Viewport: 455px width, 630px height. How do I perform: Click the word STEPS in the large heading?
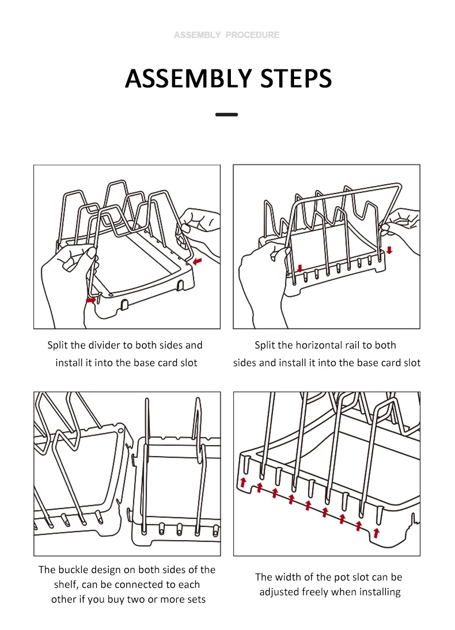pos(296,78)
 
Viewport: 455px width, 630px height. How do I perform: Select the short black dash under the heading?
pos(227,114)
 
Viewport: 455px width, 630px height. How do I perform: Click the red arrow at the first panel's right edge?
pos(197,261)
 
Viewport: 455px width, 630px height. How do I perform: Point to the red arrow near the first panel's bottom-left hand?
pos(91,299)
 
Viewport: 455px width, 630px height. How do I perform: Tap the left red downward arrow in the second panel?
pos(300,268)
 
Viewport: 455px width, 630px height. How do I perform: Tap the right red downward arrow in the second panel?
pos(389,250)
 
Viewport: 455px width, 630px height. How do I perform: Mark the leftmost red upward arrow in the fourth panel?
pos(243,483)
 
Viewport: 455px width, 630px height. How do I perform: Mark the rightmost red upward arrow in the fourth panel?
pos(376,532)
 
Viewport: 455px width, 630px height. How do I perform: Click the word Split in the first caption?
pos(57,345)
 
